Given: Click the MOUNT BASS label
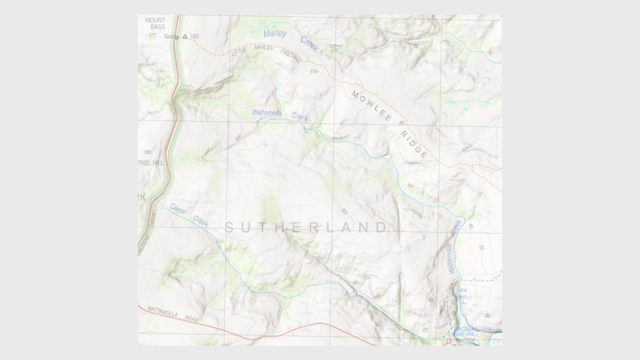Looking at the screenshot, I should pyautogui.click(x=155, y=23).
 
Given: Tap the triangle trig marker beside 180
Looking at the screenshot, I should pyautogui.click(x=185, y=36).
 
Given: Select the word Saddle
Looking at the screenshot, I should pyautogui.click(x=171, y=36).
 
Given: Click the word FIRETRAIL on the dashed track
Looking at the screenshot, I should pyautogui.click(x=291, y=56).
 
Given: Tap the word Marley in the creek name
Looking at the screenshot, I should pyautogui.click(x=275, y=34).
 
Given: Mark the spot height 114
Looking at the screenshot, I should pyautogui.click(x=314, y=71).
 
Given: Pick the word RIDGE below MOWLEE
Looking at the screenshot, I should pyautogui.click(x=414, y=144).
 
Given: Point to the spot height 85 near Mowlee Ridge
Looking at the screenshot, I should pyautogui.click(x=402, y=123).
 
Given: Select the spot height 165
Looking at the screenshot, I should pyautogui.click(x=147, y=152).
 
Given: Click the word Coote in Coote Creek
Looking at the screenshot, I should pyautogui.click(x=177, y=209).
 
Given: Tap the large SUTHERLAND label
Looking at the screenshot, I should pyautogui.click(x=306, y=227).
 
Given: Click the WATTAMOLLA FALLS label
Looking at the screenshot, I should pyautogui.click(x=477, y=329).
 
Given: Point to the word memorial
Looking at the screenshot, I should pyautogui.click(x=465, y=340).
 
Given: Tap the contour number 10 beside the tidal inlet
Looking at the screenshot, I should pyautogui.click(x=453, y=313).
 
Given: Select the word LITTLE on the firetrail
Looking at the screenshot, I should pyautogui.click(x=239, y=51).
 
